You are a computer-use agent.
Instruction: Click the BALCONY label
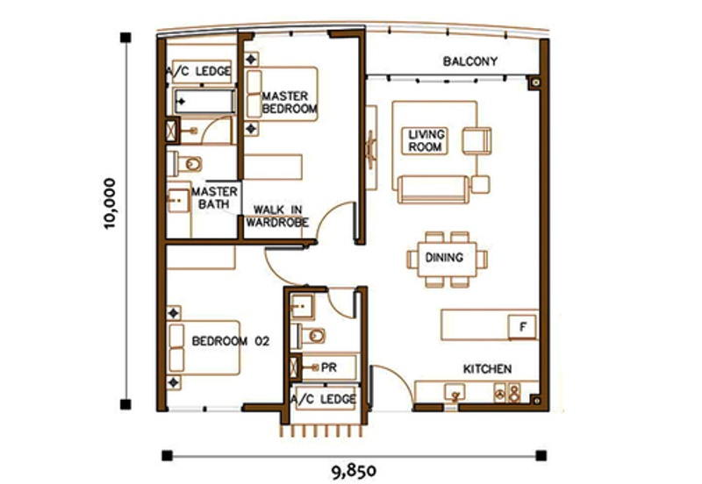coord(470,61)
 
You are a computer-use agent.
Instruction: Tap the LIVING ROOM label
coord(426,140)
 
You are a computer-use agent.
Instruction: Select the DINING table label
coord(444,258)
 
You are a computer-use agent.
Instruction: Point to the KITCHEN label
coord(487,369)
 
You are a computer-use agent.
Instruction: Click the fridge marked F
coord(522,327)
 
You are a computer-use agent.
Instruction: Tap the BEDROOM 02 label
coord(231,341)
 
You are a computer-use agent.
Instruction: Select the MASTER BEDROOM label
coord(290,103)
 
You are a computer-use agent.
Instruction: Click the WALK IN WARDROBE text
coord(277,216)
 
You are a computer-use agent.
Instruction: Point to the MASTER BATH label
coord(214,197)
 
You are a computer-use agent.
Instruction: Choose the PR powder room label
coord(328,367)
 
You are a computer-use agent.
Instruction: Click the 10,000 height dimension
coord(110,204)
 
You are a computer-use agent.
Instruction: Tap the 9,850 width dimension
coord(354,471)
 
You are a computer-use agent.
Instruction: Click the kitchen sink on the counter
coord(455,394)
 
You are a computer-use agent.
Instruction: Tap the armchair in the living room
coord(476,141)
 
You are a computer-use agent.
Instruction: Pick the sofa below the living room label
coord(433,189)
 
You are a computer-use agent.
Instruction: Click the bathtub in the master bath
coord(204,102)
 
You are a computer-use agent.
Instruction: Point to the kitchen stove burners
coord(507,393)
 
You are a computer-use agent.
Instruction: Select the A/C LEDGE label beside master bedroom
coord(199,71)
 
